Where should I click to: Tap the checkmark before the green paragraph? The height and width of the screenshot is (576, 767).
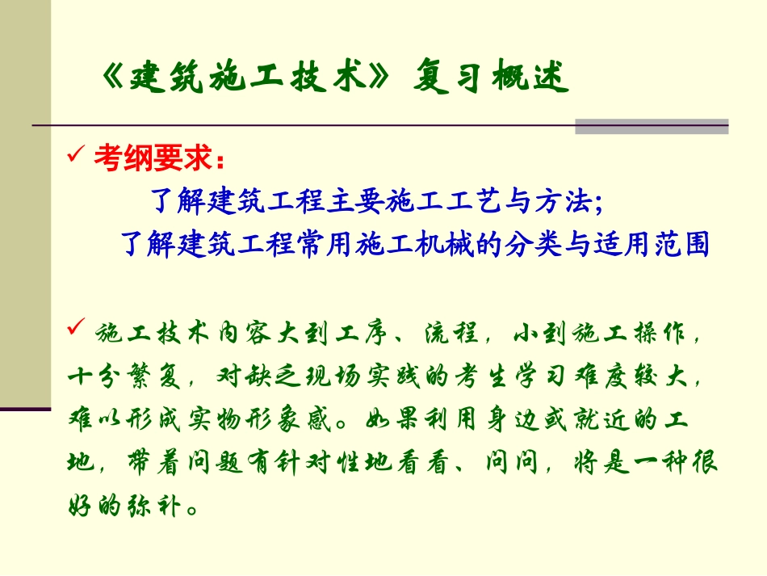click(78, 329)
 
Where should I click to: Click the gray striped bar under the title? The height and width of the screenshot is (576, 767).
click(651, 127)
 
